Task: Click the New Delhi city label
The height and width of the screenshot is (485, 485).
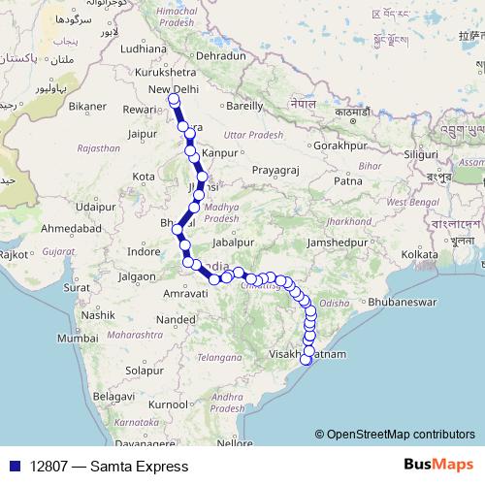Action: pyautogui.click(x=173, y=90)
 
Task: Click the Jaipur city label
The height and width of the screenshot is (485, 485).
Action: pyautogui.click(x=142, y=134)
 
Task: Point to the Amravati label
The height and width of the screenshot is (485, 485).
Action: pyautogui.click(x=160, y=291)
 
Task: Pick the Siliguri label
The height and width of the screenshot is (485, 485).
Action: pyautogui.click(x=421, y=154)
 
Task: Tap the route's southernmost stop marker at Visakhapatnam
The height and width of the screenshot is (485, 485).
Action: pyautogui.click(x=306, y=361)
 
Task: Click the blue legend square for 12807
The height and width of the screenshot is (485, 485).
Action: pyautogui.click(x=13, y=467)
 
